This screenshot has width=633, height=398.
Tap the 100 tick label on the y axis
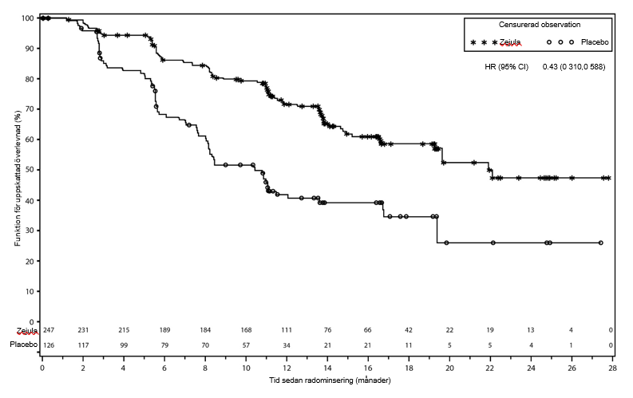[26, 18]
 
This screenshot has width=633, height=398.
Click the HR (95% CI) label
[506, 67]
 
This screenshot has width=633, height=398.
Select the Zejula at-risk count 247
[48, 330]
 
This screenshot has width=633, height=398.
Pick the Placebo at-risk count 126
[48, 345]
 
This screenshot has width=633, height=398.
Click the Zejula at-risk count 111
[286, 330]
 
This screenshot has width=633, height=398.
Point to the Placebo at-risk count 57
[245, 345]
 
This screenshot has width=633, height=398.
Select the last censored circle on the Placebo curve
[600, 242]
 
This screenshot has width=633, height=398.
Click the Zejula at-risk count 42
[408, 330]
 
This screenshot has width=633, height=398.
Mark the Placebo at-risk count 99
[124, 345]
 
